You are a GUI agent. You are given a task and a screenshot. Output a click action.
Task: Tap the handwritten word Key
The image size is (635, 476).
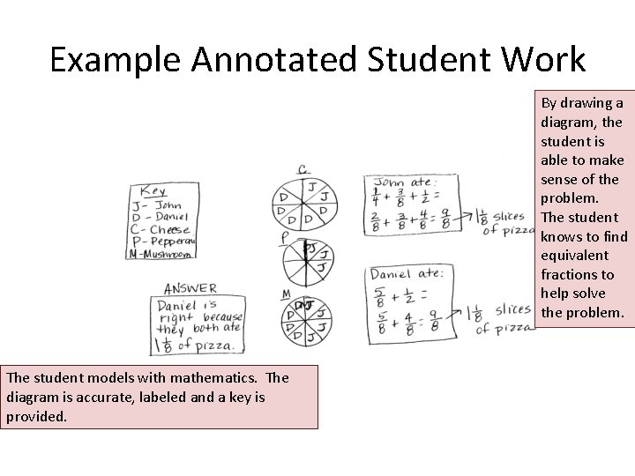click(152, 190)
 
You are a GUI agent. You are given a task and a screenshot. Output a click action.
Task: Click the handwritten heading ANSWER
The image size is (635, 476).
click(190, 288)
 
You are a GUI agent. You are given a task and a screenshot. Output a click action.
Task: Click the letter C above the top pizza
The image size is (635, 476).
click(303, 169)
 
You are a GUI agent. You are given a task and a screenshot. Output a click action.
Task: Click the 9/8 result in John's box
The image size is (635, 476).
click(445, 219)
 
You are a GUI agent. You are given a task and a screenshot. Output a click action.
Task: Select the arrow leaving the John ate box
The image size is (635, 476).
click(463, 215)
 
